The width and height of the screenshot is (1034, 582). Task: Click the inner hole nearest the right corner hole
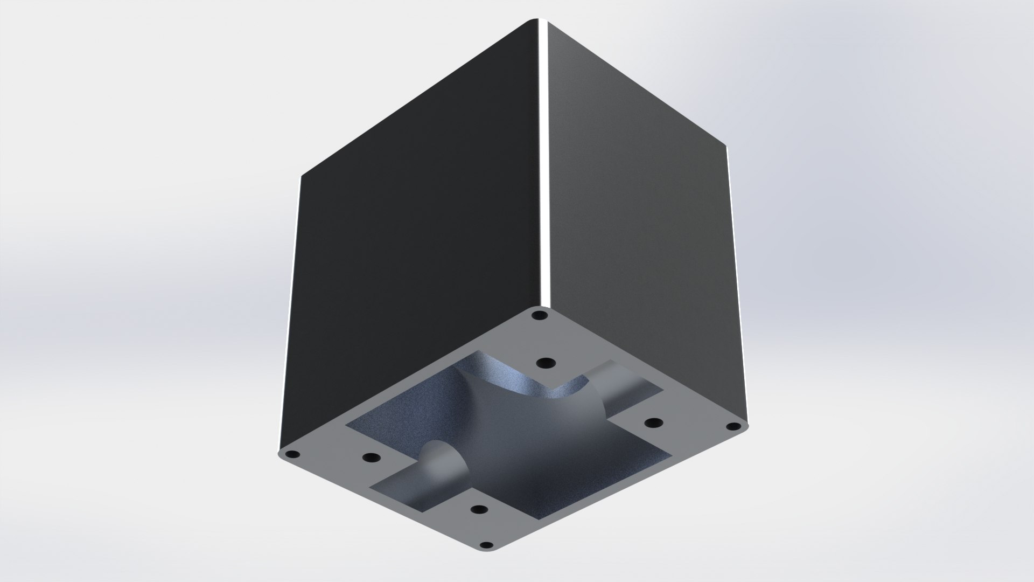pyautogui.click(x=653, y=422)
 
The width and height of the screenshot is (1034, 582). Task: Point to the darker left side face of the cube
pyautogui.click(x=409, y=216)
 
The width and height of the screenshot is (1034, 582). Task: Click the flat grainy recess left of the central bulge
pyautogui.click(x=393, y=426)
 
